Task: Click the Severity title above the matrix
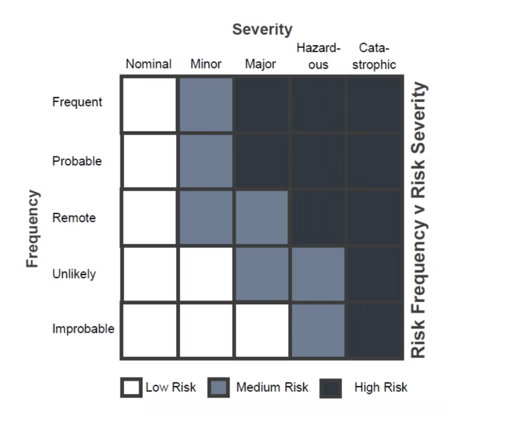click(x=262, y=30)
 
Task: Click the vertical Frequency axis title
click(x=32, y=228)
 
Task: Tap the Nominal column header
click(x=148, y=64)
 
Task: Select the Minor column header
click(x=206, y=64)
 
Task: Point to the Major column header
click(x=261, y=64)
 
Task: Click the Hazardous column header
click(x=318, y=56)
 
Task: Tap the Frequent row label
click(x=77, y=102)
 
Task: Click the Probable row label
click(x=77, y=161)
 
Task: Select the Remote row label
click(x=74, y=218)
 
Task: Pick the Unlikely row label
click(x=74, y=275)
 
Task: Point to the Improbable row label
click(x=83, y=329)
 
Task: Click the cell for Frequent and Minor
click(x=205, y=105)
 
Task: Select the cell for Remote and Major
click(x=261, y=218)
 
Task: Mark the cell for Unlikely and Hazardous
click(x=317, y=274)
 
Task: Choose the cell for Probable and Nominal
click(x=149, y=161)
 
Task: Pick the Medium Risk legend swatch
click(x=218, y=388)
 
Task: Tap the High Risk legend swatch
click(x=330, y=388)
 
